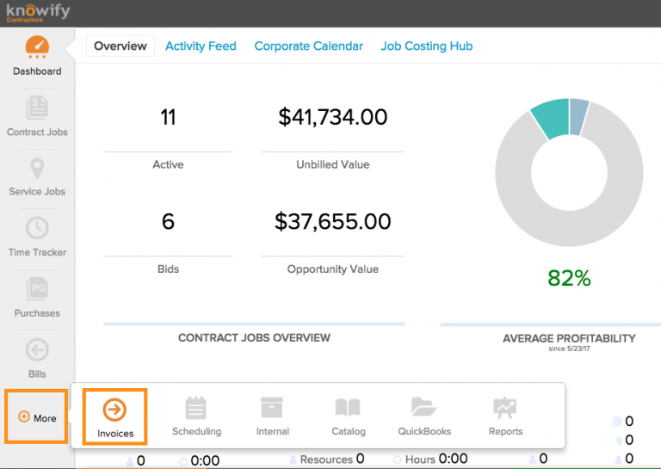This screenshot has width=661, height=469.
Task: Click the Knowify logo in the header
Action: point(38,13)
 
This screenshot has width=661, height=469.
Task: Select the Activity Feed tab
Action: point(201,46)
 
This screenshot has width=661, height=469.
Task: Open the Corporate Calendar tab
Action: point(308,46)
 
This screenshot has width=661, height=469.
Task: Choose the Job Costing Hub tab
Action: point(426,46)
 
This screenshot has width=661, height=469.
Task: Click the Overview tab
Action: point(120,46)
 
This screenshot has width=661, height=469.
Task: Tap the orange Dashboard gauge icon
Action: point(37,47)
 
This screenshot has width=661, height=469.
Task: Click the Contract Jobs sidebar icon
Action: point(37,108)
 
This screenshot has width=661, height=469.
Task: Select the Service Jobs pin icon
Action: point(37,169)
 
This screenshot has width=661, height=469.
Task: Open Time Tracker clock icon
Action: point(37,228)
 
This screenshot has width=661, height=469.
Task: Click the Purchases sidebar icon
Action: point(37,288)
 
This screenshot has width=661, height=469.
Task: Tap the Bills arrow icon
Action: point(37,349)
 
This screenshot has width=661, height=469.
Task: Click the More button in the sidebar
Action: point(37,418)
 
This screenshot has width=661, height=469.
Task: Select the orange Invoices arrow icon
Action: point(114,409)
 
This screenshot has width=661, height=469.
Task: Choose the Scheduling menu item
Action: point(196,408)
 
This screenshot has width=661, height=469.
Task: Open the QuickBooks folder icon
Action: point(423,407)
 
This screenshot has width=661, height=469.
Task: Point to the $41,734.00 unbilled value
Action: point(332,118)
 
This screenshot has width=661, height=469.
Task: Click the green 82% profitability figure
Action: point(569,278)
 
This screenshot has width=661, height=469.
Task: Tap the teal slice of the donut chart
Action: point(548,120)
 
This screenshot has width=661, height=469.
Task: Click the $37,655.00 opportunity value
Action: point(332,222)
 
